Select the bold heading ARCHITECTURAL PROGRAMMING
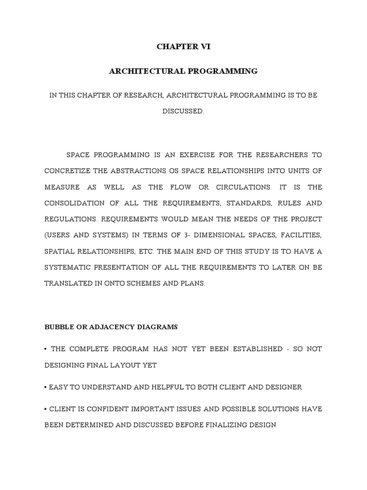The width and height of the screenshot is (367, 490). (183, 71)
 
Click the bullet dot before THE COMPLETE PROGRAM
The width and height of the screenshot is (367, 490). (46, 349)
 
